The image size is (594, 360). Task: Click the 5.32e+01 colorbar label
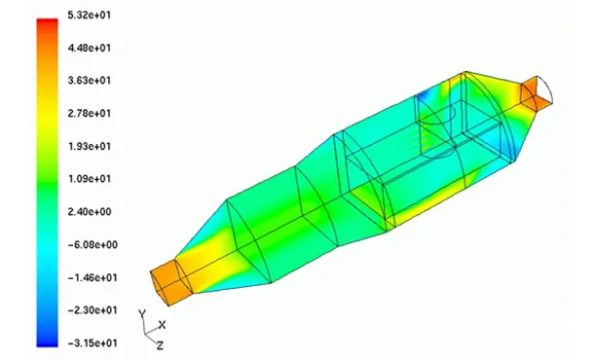(90, 16)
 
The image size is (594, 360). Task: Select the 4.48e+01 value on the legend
(90, 48)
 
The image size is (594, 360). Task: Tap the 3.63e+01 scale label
(90, 81)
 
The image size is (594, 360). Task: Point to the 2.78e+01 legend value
(90, 113)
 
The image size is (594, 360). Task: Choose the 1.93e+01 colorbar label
(90, 146)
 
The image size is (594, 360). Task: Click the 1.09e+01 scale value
(90, 179)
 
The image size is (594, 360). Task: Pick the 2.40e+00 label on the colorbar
(90, 211)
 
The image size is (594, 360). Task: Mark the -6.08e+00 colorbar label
(93, 245)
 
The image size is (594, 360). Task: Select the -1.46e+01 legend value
(93, 278)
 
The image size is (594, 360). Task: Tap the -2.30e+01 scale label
(93, 310)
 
